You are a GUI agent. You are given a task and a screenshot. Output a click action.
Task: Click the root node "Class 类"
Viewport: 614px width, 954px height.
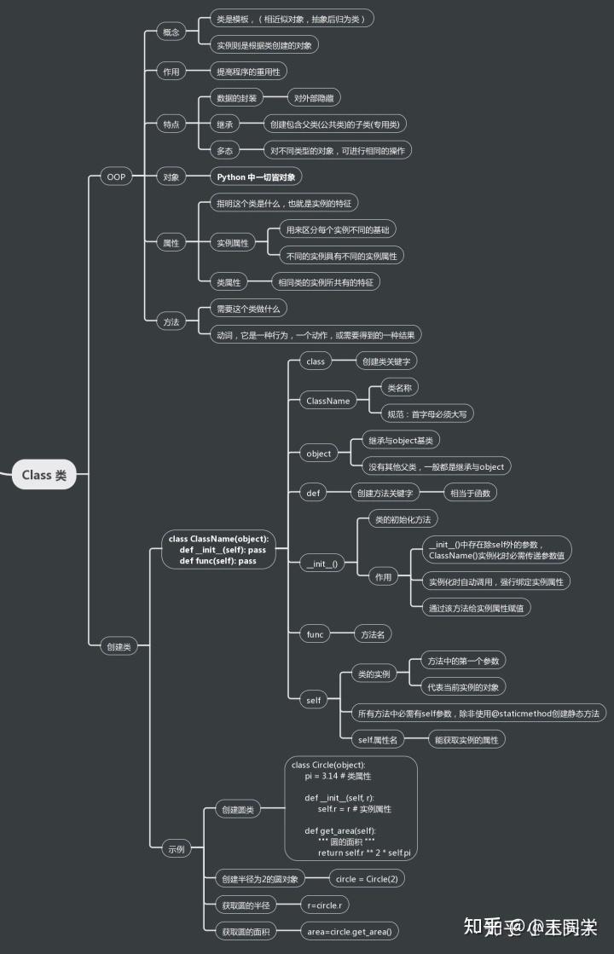tap(43, 475)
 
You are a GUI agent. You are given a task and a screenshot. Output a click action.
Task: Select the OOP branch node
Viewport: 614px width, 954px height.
tap(113, 176)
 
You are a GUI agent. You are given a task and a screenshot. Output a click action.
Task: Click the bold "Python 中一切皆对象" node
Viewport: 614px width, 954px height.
tap(256, 176)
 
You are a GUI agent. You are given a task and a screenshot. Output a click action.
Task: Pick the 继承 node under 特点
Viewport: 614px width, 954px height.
tap(224, 124)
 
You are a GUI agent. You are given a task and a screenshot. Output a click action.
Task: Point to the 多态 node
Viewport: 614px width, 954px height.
tap(224, 150)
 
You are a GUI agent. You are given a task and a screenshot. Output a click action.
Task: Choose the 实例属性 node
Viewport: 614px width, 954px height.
tap(233, 243)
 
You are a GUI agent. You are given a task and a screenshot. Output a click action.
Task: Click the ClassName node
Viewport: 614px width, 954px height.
tap(327, 400)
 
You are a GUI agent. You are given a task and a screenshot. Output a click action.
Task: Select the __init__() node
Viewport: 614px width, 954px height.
tap(323, 564)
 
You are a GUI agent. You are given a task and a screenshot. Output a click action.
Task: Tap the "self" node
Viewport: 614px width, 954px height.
tap(314, 700)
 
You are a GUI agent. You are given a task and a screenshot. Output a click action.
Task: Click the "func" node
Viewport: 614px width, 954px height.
tap(315, 633)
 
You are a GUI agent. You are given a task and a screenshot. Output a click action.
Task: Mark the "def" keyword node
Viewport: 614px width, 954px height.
tap(313, 493)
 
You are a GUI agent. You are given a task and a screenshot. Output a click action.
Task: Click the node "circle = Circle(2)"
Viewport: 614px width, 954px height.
tap(366, 878)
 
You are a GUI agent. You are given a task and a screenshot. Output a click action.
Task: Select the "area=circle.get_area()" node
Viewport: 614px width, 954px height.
tap(350, 931)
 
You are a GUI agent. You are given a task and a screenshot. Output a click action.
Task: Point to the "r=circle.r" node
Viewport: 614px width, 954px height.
tap(325, 905)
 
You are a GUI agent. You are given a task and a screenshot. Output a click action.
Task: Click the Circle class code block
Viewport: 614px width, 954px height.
tap(350, 807)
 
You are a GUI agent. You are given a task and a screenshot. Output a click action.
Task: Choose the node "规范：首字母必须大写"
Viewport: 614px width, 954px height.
tap(425, 413)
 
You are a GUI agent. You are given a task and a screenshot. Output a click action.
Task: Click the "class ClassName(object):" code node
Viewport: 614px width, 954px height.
tap(218, 550)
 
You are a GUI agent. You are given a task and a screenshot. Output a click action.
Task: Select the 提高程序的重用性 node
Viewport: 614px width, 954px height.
tap(248, 72)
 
